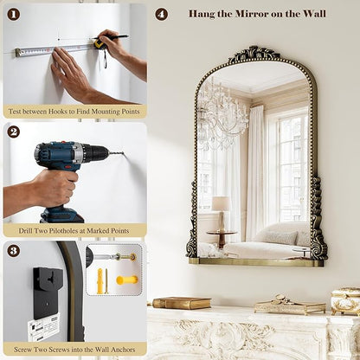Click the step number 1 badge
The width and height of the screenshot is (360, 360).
(x=13, y=14)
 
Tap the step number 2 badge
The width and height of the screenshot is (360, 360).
(x=13, y=132)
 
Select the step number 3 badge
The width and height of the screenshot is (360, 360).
(x=13, y=250)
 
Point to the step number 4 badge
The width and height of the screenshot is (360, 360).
(x=161, y=14)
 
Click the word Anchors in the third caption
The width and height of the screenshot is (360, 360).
(x=124, y=350)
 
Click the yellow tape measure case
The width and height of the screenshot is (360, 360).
(x=99, y=44)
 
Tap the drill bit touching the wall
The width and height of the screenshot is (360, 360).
(x=116, y=152)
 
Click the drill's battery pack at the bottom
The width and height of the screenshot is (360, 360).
(x=61, y=215)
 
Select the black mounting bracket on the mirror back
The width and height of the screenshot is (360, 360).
(x=48, y=292)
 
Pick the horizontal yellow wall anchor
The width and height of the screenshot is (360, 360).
(x=127, y=280)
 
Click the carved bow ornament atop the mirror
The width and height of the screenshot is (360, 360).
(x=254, y=54)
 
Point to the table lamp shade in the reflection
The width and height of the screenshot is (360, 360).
(x=222, y=203)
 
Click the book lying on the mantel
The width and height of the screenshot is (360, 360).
(x=182, y=303)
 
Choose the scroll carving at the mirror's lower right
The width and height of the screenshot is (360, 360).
(x=318, y=219)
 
